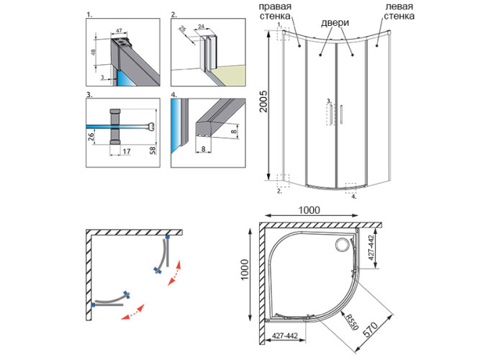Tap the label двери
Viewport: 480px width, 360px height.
(336, 23)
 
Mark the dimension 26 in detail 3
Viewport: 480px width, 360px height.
(91, 136)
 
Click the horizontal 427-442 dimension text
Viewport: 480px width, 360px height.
(286, 336)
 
